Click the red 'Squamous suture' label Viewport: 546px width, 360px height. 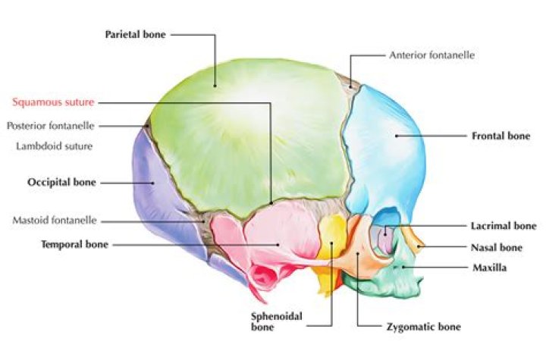[x=53, y=102]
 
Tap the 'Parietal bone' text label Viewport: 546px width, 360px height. [x=136, y=34]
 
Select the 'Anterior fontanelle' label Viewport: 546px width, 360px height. [x=431, y=55]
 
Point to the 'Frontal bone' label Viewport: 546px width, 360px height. [x=500, y=136]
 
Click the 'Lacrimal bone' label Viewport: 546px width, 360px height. [x=504, y=226]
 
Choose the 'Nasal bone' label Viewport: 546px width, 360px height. [x=497, y=248]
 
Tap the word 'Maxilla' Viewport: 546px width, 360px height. [x=490, y=268]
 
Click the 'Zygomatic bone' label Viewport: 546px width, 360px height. [x=424, y=327]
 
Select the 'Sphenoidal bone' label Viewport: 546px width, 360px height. [x=277, y=321]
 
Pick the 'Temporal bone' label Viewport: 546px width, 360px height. [x=75, y=244]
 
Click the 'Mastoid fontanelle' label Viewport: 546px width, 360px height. [x=55, y=220]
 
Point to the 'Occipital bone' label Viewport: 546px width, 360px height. [x=61, y=182]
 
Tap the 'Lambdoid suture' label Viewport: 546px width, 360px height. [x=55, y=146]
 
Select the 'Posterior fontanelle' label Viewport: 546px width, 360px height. [x=51, y=126]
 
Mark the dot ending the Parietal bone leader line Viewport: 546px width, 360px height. [x=215, y=86]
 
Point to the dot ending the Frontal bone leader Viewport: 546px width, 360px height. [x=397, y=136]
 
